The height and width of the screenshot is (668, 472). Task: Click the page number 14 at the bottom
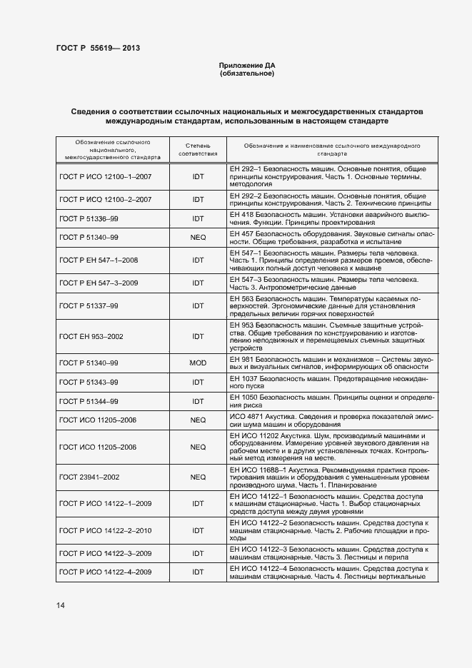tap(61, 605)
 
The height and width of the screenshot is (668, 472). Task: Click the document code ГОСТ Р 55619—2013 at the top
tap(98, 49)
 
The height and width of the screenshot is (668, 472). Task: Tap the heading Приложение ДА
tap(246, 66)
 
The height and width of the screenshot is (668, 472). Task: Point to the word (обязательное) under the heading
tap(246, 74)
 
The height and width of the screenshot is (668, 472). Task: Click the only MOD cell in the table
tap(198, 363)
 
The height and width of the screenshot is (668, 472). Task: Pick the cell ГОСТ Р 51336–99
tap(89, 218)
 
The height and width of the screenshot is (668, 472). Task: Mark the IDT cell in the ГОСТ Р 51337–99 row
tap(198, 306)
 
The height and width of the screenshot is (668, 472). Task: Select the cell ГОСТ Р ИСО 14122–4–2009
tap(106, 572)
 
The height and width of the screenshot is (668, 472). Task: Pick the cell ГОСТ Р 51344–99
tap(89, 401)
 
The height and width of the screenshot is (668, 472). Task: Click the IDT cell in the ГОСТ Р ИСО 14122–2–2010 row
tap(198, 530)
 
